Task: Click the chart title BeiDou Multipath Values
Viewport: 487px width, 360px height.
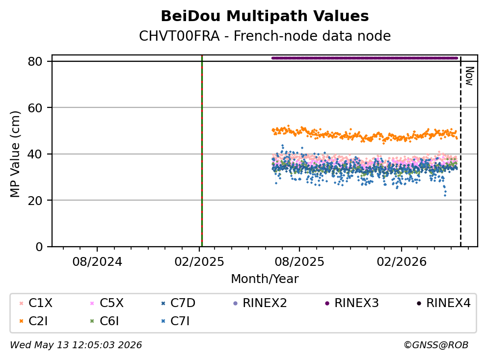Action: (x=265, y=16)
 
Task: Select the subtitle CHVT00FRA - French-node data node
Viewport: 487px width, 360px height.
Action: (x=265, y=36)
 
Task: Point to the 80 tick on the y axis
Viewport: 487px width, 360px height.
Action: (x=35, y=61)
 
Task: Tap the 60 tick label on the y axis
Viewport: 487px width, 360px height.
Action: (x=35, y=108)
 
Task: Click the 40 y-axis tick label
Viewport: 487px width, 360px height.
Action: (x=35, y=154)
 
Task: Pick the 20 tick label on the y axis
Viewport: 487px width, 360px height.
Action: (x=35, y=200)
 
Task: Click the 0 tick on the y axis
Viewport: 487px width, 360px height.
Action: (x=39, y=247)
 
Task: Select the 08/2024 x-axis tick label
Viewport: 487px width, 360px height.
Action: (x=97, y=262)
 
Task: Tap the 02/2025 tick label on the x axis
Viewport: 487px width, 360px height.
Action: (x=199, y=262)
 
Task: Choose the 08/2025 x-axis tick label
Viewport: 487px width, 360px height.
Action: (x=299, y=262)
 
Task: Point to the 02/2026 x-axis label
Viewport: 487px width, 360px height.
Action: (x=402, y=262)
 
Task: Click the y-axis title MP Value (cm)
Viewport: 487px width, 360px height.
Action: (x=15, y=154)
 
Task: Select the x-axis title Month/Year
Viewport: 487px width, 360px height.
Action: (x=265, y=279)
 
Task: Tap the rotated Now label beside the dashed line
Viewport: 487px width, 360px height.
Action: (x=469, y=76)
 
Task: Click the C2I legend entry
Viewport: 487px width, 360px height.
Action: (x=34, y=321)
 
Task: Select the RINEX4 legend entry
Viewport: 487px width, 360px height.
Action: (x=443, y=303)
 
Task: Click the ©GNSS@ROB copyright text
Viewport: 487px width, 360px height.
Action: (x=436, y=345)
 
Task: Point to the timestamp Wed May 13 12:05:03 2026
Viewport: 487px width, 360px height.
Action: (x=76, y=345)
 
